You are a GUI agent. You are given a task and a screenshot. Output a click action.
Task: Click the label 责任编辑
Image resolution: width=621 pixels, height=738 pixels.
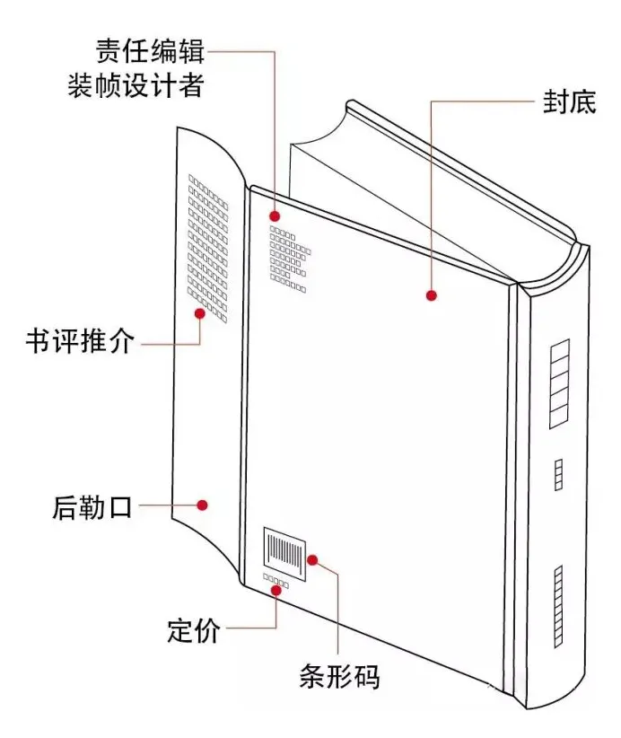[x=151, y=51]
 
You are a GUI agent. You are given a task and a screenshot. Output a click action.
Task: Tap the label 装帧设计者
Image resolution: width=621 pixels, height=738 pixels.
[x=136, y=85]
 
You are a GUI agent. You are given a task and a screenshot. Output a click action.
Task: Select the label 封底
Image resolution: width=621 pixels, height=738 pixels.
[x=569, y=101]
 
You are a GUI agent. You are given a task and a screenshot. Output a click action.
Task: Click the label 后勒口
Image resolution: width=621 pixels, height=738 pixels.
[x=92, y=507]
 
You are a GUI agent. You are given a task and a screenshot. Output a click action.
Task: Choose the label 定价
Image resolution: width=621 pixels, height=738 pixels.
[x=193, y=630]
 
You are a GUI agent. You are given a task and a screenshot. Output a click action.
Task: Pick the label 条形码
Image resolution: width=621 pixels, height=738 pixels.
[x=340, y=677]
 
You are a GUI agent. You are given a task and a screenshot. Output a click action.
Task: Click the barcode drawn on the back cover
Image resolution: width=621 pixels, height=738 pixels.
[x=284, y=551]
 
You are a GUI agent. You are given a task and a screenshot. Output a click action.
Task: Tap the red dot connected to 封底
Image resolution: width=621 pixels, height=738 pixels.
[x=432, y=295]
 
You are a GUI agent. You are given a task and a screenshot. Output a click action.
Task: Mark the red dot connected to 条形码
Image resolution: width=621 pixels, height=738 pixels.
[x=312, y=560]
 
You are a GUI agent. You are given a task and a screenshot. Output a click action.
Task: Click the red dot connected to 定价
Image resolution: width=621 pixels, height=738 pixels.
[x=276, y=590]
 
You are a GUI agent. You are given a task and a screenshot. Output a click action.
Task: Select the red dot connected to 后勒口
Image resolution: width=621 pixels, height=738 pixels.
[x=202, y=505]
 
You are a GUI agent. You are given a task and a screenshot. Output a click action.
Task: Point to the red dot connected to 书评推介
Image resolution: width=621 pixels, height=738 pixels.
[x=200, y=313]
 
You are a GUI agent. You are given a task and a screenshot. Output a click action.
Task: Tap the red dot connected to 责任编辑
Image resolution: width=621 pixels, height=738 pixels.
[x=275, y=216]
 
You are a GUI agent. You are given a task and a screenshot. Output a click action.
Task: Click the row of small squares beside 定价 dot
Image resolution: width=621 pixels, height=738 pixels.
[x=276, y=581]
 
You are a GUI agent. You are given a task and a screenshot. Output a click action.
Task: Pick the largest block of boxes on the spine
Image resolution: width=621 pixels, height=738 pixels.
[x=560, y=383]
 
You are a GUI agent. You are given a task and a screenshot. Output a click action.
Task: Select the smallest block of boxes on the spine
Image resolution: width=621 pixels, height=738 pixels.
[x=558, y=475]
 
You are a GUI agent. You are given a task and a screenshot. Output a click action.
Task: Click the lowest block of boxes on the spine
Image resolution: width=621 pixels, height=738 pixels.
[x=558, y=607]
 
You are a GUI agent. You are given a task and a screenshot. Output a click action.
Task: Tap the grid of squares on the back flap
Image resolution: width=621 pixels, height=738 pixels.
[x=208, y=249]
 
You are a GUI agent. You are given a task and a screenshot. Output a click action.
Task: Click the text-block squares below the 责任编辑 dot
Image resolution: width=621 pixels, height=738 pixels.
[x=290, y=259]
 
